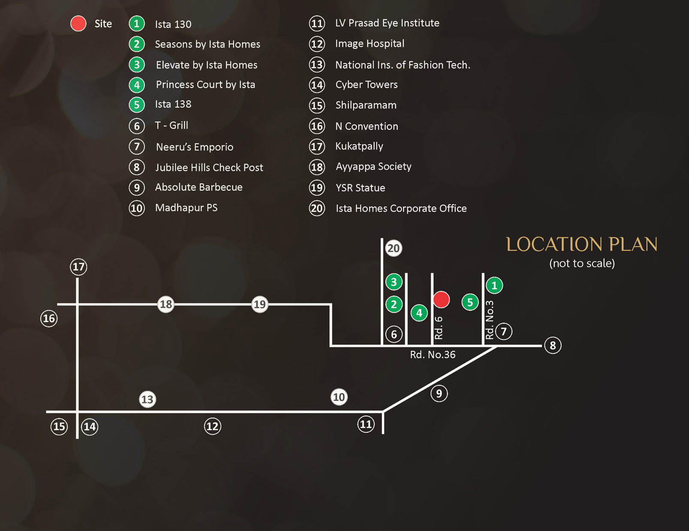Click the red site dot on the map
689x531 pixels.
[441, 299]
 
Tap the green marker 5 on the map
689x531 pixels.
[470, 302]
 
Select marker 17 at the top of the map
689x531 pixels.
[79, 267]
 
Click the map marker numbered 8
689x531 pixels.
[553, 345]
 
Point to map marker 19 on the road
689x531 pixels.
[260, 304]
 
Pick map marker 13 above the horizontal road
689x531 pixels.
[147, 400]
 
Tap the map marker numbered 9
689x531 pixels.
[439, 394]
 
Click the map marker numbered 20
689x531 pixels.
[393, 249]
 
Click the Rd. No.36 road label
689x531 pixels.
[432, 355]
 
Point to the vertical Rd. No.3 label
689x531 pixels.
[490, 320]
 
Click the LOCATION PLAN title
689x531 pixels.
[581, 244]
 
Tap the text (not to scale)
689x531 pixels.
[582, 263]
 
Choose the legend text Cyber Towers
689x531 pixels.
[366, 85]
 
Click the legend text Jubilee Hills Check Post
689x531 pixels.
[209, 167]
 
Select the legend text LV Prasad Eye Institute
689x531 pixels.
[387, 23]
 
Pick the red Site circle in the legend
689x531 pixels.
[79, 24]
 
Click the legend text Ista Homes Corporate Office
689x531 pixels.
[401, 209]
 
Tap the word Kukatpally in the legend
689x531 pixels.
[359, 146]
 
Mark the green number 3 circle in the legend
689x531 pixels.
[137, 65]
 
